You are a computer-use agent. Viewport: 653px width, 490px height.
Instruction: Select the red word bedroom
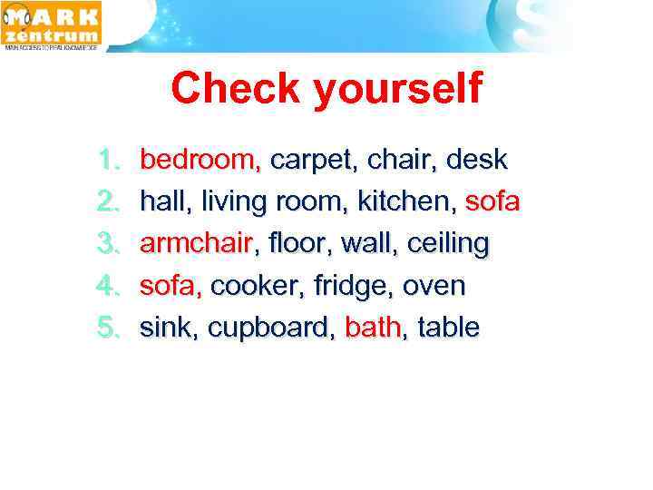pyautogui.click(x=200, y=161)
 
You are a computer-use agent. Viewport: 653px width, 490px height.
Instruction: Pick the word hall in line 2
pyautogui.click(x=161, y=202)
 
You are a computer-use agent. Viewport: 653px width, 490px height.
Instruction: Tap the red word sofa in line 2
pyautogui.click(x=492, y=202)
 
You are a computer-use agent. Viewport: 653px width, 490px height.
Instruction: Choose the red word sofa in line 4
pyautogui.click(x=169, y=287)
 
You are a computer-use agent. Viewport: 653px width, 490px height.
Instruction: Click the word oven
pyautogui.click(x=433, y=287)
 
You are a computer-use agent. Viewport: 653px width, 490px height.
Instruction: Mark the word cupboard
pyautogui.click(x=270, y=328)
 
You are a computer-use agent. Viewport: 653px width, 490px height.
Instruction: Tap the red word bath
pyautogui.click(x=372, y=328)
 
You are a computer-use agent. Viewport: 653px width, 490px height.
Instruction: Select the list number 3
pyautogui.click(x=108, y=245)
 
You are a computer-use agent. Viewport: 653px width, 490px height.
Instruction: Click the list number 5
pyautogui.click(x=108, y=328)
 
